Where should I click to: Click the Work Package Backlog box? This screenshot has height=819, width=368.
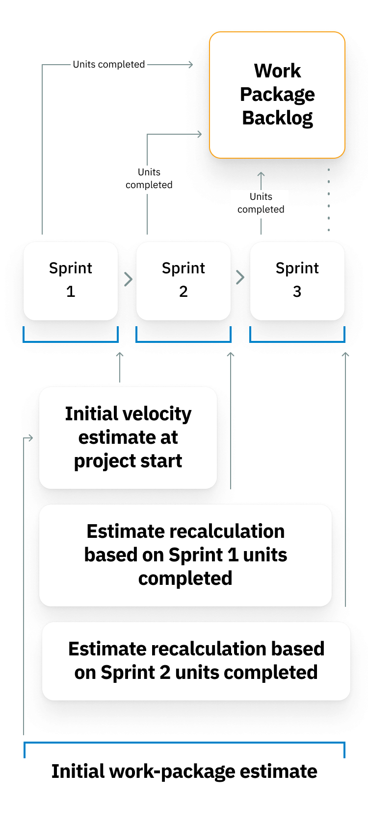[277, 95]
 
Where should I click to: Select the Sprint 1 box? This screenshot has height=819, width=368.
[71, 281]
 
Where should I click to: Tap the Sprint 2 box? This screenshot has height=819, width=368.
[184, 281]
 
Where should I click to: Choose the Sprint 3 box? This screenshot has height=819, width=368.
[297, 281]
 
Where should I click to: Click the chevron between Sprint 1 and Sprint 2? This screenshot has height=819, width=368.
[128, 279]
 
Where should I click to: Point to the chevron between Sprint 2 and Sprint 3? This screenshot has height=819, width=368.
[240, 278]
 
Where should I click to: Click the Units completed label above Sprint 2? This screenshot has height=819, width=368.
[149, 178]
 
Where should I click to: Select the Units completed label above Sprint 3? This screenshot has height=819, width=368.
[261, 203]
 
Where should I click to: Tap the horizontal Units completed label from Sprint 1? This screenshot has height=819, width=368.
[109, 65]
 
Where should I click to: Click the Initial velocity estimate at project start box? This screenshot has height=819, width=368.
[128, 437]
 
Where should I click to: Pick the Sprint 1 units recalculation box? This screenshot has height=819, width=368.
[185, 555]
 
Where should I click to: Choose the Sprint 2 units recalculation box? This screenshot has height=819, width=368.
[196, 661]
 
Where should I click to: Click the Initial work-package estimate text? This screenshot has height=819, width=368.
[184, 771]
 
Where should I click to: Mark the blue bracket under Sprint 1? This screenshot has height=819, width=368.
[71, 341]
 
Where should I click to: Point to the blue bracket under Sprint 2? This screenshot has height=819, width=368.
[184, 341]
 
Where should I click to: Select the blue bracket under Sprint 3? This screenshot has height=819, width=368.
[297, 341]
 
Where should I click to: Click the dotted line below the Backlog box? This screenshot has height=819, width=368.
[329, 200]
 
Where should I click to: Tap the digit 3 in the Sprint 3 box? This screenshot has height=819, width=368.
[297, 292]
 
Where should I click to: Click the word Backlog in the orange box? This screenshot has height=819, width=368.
[277, 119]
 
